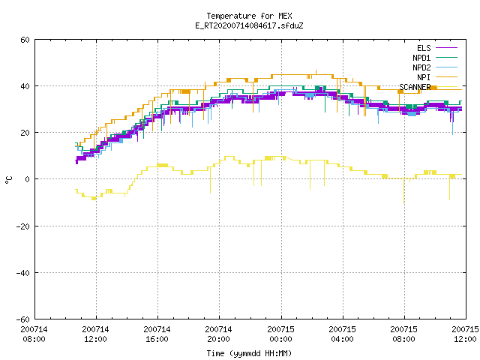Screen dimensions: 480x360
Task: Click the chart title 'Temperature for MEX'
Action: click(249, 16)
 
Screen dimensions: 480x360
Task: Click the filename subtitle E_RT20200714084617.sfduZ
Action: click(249, 25)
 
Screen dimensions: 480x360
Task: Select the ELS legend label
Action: click(424, 48)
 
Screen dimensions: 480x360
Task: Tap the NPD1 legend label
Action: click(421, 58)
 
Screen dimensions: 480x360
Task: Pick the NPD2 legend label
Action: click(421, 67)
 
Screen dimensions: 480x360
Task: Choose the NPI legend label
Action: click(424, 77)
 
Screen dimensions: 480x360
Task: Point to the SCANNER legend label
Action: click(415, 87)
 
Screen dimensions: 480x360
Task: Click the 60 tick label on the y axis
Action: click(25, 40)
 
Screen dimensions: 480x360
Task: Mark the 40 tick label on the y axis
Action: click(25, 86)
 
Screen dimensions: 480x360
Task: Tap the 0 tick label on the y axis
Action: click(27, 179)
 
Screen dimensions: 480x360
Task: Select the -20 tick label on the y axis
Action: click(23, 226)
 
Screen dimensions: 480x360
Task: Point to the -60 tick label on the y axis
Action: click(23, 319)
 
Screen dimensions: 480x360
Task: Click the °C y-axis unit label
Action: click(8, 180)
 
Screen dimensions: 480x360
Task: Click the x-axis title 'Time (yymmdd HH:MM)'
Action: click(249, 353)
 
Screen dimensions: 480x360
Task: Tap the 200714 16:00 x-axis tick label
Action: click(157, 334)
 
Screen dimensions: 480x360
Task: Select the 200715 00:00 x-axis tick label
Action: click(280, 334)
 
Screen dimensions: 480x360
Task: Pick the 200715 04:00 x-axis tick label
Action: click(342, 334)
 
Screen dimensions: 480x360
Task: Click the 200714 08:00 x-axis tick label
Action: click(34, 334)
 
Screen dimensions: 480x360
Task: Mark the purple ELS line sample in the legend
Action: click(446, 48)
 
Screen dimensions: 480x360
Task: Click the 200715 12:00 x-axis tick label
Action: click(465, 334)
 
